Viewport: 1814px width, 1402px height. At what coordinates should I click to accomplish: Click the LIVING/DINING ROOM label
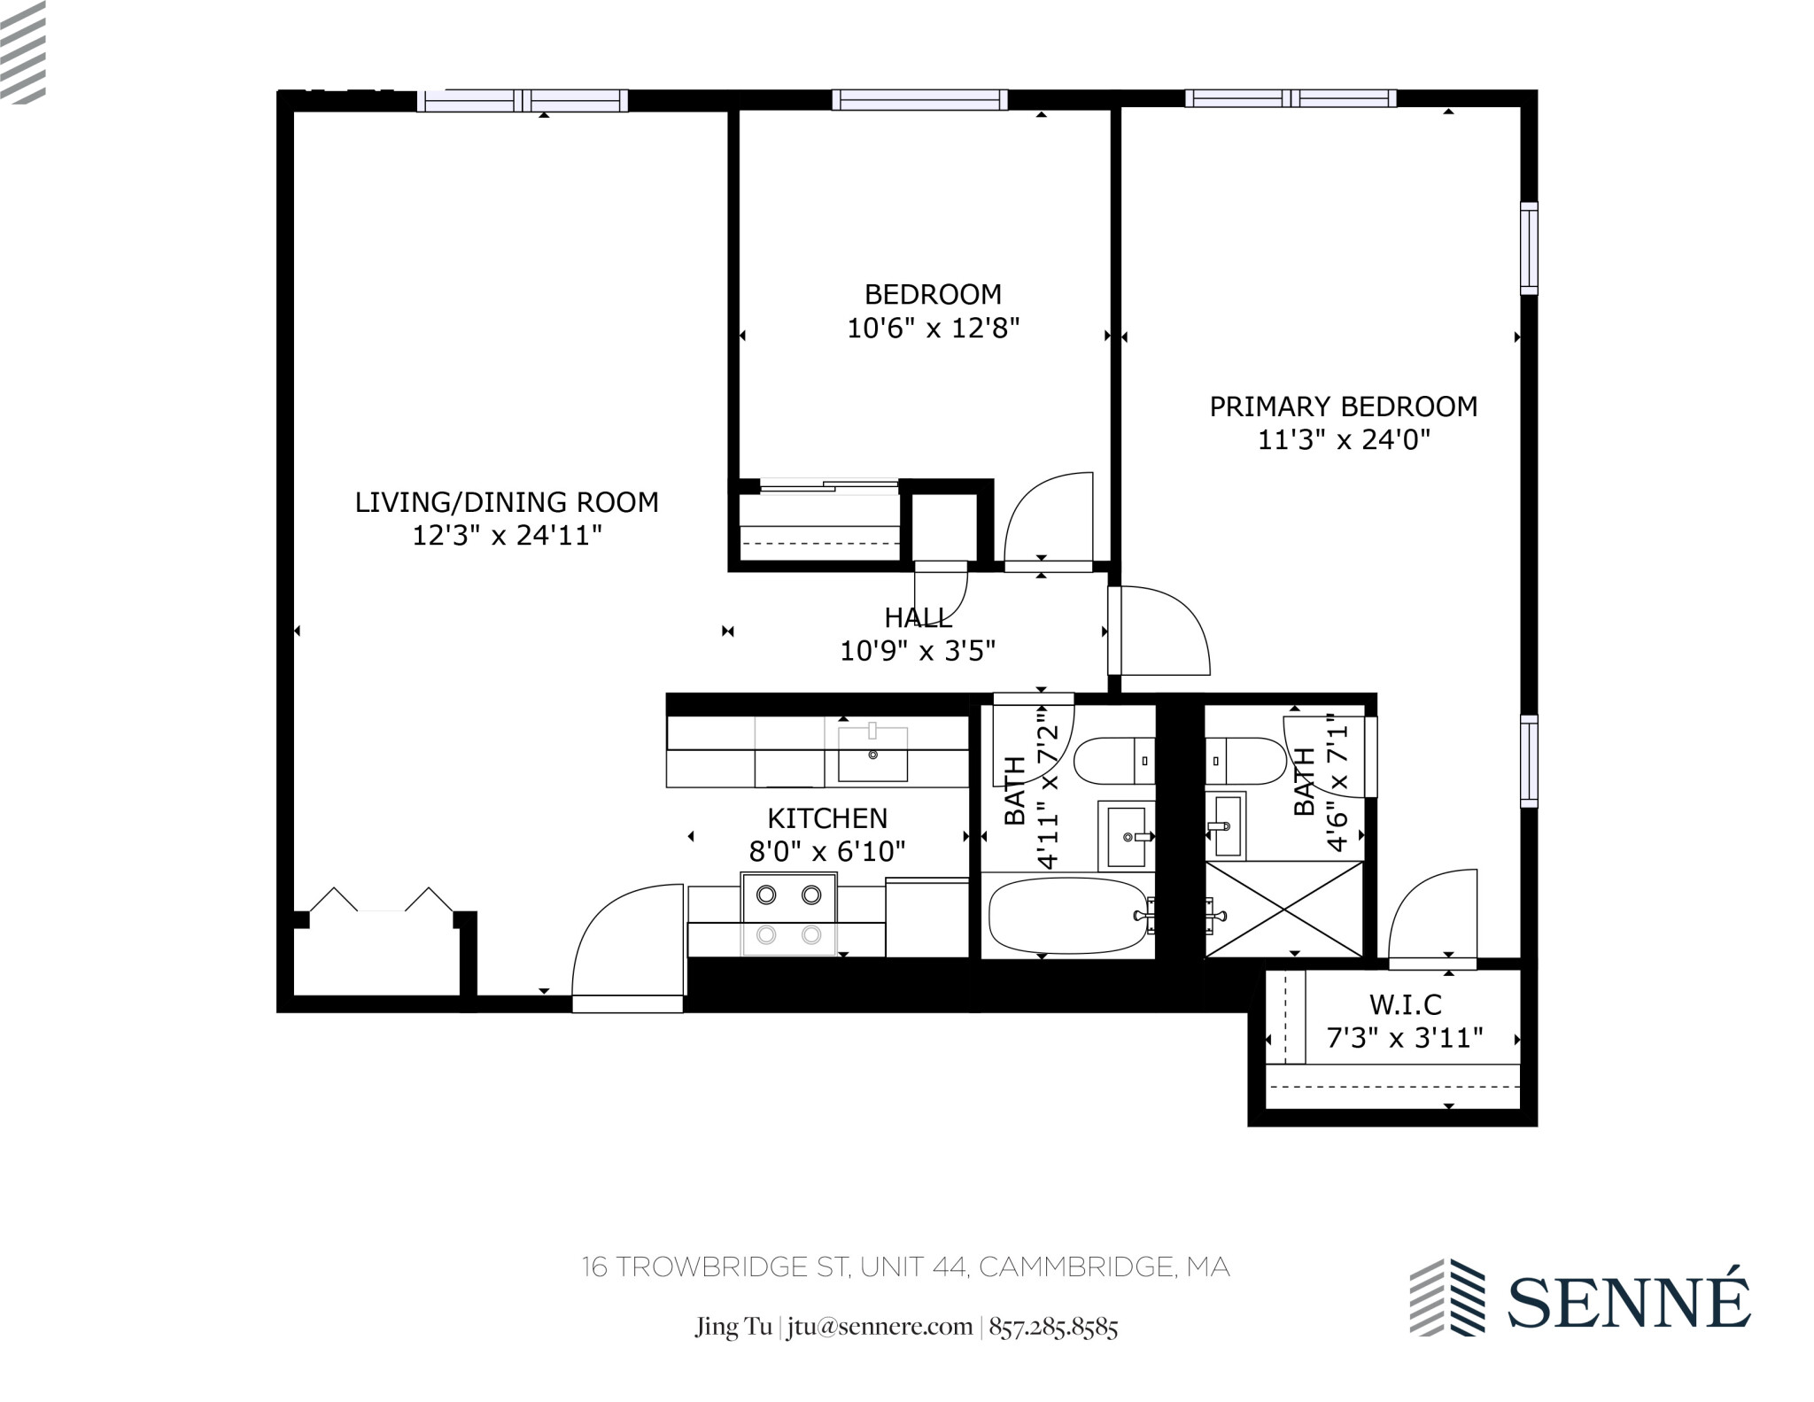coord(507,502)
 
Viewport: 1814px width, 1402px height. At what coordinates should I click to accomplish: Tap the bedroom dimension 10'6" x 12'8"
coord(933,329)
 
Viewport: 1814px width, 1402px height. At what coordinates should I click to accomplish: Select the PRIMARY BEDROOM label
coord(1343,407)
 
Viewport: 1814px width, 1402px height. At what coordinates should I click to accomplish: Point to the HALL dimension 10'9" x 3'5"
coord(918,652)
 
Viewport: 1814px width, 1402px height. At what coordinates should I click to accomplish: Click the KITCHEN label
coord(826,817)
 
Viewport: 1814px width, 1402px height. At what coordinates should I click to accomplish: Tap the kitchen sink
coord(872,755)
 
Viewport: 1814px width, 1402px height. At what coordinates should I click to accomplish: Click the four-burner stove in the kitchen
coord(788,914)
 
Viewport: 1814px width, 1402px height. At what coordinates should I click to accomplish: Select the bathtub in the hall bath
coord(1067,915)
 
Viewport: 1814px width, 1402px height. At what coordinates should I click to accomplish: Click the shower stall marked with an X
coord(1283,909)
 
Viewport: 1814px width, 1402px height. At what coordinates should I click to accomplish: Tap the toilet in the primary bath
coord(1245,761)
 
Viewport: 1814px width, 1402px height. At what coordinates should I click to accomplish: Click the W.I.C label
coord(1405,1004)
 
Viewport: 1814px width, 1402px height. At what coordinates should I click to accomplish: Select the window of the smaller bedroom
coord(919,100)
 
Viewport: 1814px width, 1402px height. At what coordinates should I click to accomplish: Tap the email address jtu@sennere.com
coord(879,1327)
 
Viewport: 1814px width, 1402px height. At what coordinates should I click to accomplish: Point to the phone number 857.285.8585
coord(1053,1327)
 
